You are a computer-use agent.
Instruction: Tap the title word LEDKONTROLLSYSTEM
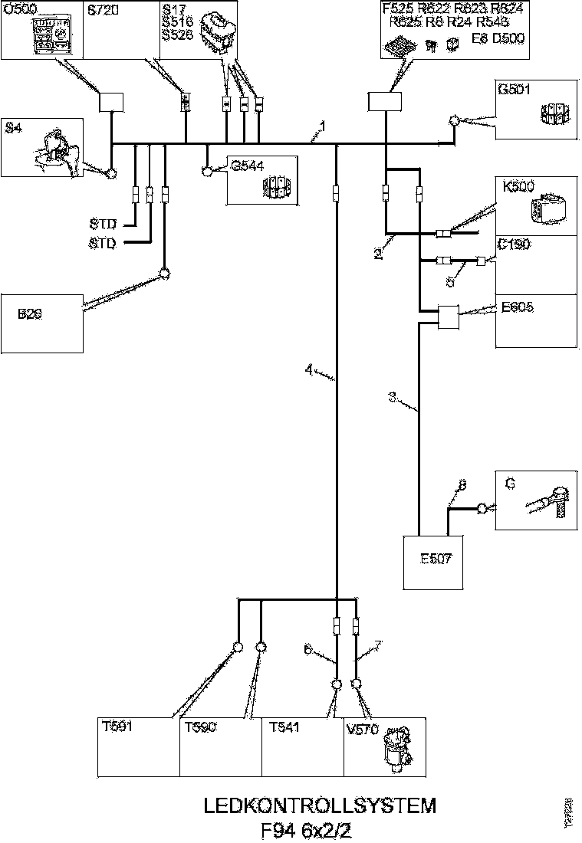[320, 806]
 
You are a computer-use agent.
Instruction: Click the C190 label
[513, 244]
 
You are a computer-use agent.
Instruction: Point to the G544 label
[245, 165]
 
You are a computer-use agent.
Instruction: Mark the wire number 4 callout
[309, 369]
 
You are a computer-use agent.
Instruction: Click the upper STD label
[102, 225]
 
